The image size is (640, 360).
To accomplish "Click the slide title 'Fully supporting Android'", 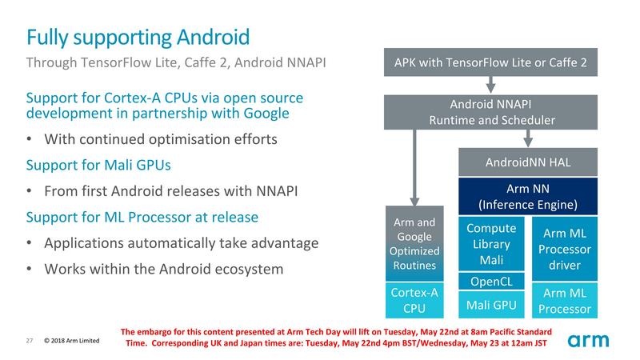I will [138, 37].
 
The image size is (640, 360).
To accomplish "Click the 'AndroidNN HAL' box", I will [528, 162].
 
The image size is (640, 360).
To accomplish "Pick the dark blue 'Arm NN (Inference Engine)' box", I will [528, 197].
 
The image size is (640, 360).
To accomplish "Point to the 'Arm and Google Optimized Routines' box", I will [414, 243].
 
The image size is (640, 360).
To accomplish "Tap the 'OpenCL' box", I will [490, 282].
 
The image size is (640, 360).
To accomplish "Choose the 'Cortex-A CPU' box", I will [414, 300].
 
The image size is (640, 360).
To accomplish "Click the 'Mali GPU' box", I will [490, 304].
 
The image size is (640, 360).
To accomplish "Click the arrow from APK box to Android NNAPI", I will [491, 86].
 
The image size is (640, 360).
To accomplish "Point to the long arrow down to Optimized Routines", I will [414, 168].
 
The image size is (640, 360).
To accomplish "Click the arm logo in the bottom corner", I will [588, 340].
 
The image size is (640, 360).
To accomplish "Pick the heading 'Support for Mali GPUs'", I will [98, 166].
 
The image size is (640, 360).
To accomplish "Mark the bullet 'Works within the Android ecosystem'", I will [163, 269].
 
